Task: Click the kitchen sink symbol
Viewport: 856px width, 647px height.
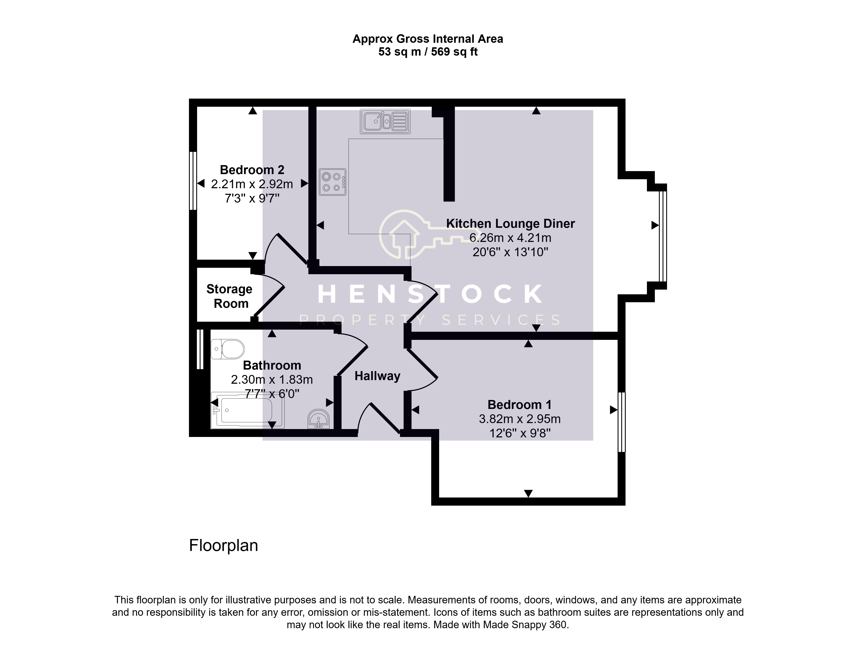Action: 385,121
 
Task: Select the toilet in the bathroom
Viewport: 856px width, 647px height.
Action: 228,349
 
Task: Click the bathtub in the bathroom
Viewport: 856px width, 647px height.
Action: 247,410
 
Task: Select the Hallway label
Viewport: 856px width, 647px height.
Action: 377,376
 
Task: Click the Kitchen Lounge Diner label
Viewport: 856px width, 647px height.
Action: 510,224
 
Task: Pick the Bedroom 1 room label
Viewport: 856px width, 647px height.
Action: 519,404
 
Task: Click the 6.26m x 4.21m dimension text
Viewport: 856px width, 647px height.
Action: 510,238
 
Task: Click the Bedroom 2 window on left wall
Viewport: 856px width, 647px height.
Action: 193,181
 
